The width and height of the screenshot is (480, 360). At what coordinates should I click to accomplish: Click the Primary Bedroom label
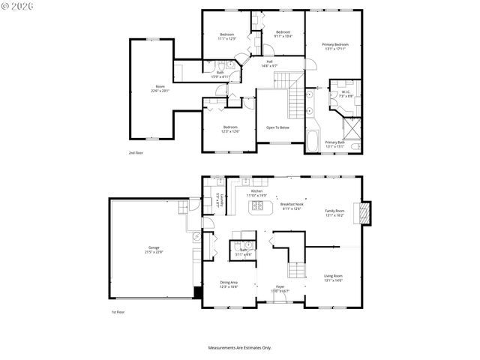(x=335, y=47)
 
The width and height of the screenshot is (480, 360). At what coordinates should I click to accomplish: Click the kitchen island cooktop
(x=257, y=205)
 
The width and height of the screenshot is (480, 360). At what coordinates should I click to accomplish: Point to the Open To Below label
(x=277, y=127)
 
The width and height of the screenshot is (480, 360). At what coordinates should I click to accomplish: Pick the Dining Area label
(x=229, y=284)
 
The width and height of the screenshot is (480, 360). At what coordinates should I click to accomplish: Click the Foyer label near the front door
(x=279, y=289)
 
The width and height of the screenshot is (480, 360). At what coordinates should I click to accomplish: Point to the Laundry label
(x=218, y=202)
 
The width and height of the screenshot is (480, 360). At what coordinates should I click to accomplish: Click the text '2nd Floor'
(x=136, y=152)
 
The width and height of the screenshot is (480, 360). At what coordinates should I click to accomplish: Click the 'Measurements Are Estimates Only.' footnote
(x=239, y=347)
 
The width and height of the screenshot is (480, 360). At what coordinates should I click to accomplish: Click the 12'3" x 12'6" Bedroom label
(x=230, y=129)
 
